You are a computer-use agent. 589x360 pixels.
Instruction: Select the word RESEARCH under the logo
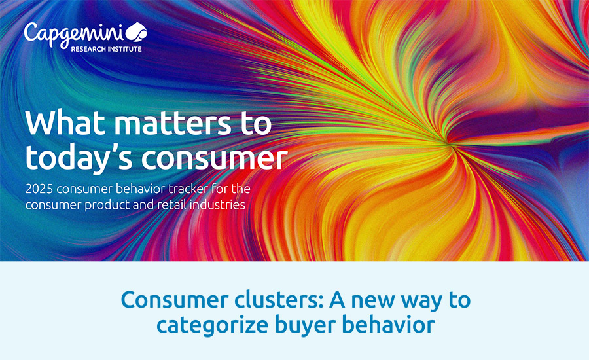[88, 49]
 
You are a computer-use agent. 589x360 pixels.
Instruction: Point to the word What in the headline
[65, 122]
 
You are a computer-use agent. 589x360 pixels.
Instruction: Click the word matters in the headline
[173, 123]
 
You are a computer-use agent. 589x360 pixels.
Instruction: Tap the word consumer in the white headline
[215, 158]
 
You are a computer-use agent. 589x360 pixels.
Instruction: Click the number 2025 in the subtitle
[39, 189]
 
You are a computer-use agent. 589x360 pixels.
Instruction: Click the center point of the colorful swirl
[448, 143]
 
